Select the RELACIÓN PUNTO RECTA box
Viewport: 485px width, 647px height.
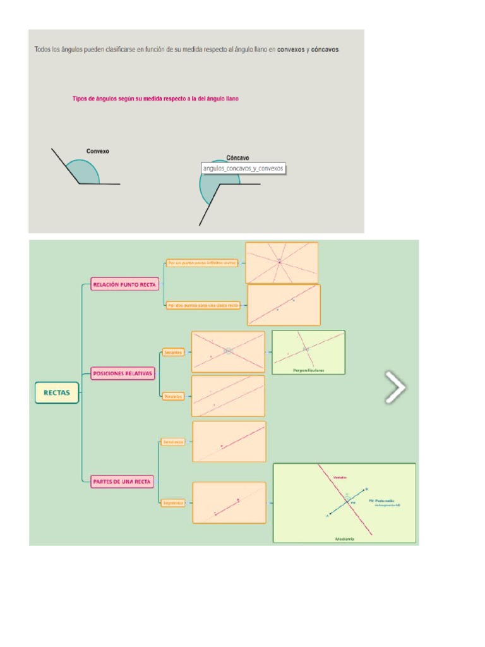[x=124, y=285]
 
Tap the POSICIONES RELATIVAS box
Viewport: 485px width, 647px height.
[x=123, y=373]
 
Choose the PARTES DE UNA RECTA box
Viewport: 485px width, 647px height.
[x=123, y=481]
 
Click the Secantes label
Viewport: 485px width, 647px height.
[x=172, y=352]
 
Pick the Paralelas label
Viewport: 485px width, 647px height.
[x=172, y=396]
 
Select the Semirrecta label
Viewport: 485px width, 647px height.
[x=172, y=442]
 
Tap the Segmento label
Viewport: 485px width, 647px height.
[x=172, y=503]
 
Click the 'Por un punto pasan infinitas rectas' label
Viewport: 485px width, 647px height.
[x=202, y=262]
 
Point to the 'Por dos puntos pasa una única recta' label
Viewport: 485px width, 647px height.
[x=203, y=305]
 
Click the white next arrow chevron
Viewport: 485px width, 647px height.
[x=395, y=387]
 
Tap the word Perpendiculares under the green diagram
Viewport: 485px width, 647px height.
[x=308, y=370]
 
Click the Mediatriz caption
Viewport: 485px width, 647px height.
[x=345, y=539]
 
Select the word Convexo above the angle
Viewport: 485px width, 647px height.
[x=98, y=152]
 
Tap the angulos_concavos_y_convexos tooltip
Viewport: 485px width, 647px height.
[x=243, y=168]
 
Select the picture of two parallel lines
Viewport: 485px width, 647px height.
[x=228, y=396]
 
